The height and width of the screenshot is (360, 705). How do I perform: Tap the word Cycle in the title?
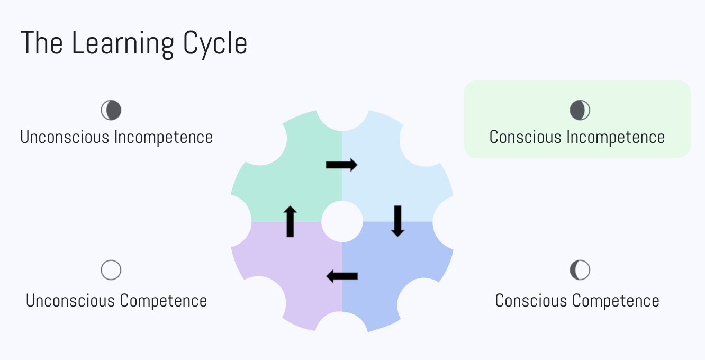pos(215,44)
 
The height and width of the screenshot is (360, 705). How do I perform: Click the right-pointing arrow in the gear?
pos(341,165)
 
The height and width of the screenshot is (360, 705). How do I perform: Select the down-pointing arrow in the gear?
pos(397,221)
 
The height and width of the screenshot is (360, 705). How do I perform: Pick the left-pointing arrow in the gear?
pos(342,276)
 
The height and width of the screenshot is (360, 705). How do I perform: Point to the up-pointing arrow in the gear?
pos(290,221)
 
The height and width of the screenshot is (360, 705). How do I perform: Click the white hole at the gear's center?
pos(342,221)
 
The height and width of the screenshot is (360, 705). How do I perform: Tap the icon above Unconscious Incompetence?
pos(111,111)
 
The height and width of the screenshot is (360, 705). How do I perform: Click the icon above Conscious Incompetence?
pos(580,111)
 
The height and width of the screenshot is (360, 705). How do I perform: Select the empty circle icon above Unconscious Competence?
pos(111,270)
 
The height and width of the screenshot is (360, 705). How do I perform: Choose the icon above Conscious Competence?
pos(580,270)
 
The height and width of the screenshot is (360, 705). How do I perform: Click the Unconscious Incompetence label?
pos(116,137)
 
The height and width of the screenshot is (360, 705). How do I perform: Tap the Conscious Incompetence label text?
pos(577,137)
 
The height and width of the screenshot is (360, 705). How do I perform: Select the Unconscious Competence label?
pos(116,301)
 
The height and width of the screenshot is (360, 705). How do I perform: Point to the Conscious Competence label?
pos(577,301)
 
